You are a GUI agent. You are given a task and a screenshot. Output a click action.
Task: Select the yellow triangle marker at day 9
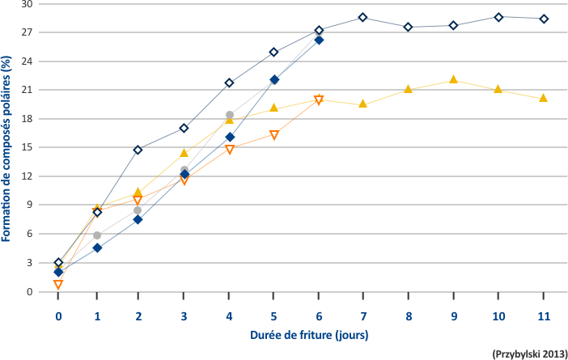(x=453, y=79)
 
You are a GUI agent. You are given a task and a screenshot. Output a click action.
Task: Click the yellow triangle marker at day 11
(x=543, y=97)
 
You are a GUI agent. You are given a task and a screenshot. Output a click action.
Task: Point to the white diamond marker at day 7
(x=362, y=18)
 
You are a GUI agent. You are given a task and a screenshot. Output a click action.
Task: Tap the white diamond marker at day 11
(x=544, y=19)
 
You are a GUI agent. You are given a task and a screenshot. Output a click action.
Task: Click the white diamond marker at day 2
(x=138, y=150)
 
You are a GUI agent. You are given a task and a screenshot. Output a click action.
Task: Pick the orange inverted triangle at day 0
(x=58, y=285)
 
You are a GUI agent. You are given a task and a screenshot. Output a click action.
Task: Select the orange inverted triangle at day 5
(x=273, y=135)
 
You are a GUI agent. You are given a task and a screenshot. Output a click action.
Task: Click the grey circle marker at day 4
(x=229, y=115)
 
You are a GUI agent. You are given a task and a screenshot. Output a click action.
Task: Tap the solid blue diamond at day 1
(x=97, y=248)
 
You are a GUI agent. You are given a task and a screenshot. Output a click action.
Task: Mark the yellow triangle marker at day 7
(x=362, y=104)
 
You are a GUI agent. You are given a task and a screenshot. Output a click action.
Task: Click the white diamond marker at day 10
(x=498, y=17)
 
